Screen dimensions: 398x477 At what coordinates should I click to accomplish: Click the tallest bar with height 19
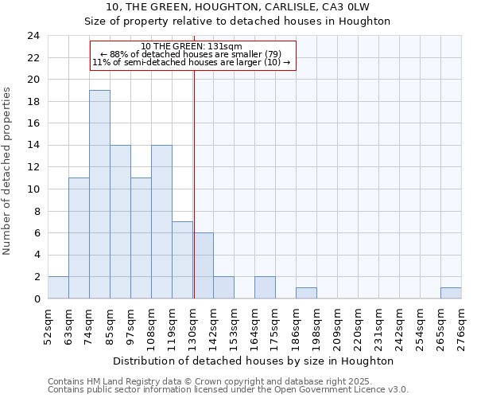pos(99,194)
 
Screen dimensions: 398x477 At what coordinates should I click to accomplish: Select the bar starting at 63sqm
pos(79,238)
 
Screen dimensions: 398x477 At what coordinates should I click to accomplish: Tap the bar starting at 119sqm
pos(182,260)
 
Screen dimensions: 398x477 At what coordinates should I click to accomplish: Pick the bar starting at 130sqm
pos(203,266)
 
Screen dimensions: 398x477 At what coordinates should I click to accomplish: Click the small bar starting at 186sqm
pos(306,293)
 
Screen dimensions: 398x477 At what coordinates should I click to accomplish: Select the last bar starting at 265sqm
pos(451,293)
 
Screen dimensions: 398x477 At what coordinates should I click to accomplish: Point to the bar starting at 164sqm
pos(265,287)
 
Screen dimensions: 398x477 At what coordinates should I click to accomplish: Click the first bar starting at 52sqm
pos(58,287)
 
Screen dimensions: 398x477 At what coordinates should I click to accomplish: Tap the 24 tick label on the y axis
pos(33,36)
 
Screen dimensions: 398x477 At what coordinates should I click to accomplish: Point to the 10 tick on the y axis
pos(33,189)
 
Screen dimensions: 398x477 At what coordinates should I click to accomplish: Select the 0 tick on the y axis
pos(36,298)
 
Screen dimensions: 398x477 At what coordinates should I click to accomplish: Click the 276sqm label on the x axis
pos(461,325)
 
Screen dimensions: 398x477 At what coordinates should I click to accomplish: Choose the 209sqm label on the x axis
pos(337,325)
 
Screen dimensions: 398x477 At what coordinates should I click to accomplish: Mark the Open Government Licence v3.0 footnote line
pos(228,389)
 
